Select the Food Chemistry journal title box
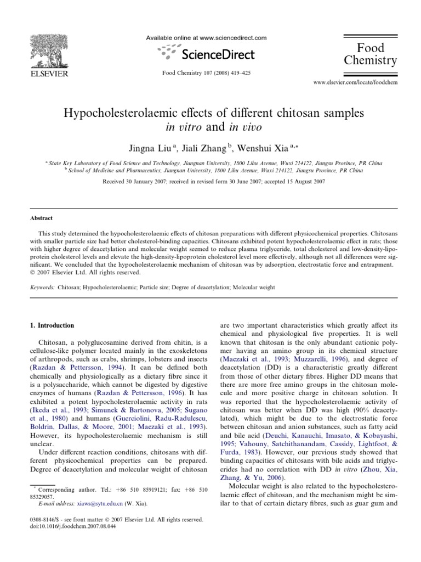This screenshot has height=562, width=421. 370,54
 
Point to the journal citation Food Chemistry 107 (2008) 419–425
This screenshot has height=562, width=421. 206,72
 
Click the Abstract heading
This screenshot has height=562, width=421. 41,218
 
